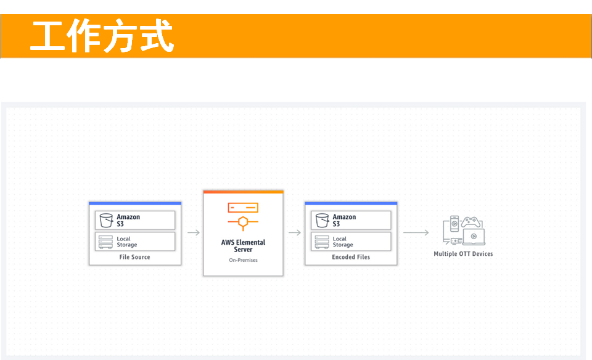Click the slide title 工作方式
click(102, 36)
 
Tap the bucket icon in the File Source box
click(106, 221)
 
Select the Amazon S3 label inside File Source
click(128, 221)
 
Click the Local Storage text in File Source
click(127, 242)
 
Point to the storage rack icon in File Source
click(105, 242)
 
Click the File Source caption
click(135, 257)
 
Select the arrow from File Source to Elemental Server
click(194, 232)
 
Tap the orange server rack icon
click(243, 208)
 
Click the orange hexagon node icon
click(243, 223)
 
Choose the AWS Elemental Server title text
click(243, 246)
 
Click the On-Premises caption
click(243, 260)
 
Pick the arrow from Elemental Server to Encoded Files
click(295, 232)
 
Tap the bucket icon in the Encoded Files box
click(322, 221)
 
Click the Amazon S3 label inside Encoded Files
click(344, 221)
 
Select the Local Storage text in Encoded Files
click(343, 242)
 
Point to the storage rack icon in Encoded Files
click(322, 242)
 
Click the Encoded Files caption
click(351, 257)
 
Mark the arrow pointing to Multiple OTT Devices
click(416, 232)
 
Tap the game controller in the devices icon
click(471, 221)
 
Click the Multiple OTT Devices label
click(463, 254)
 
